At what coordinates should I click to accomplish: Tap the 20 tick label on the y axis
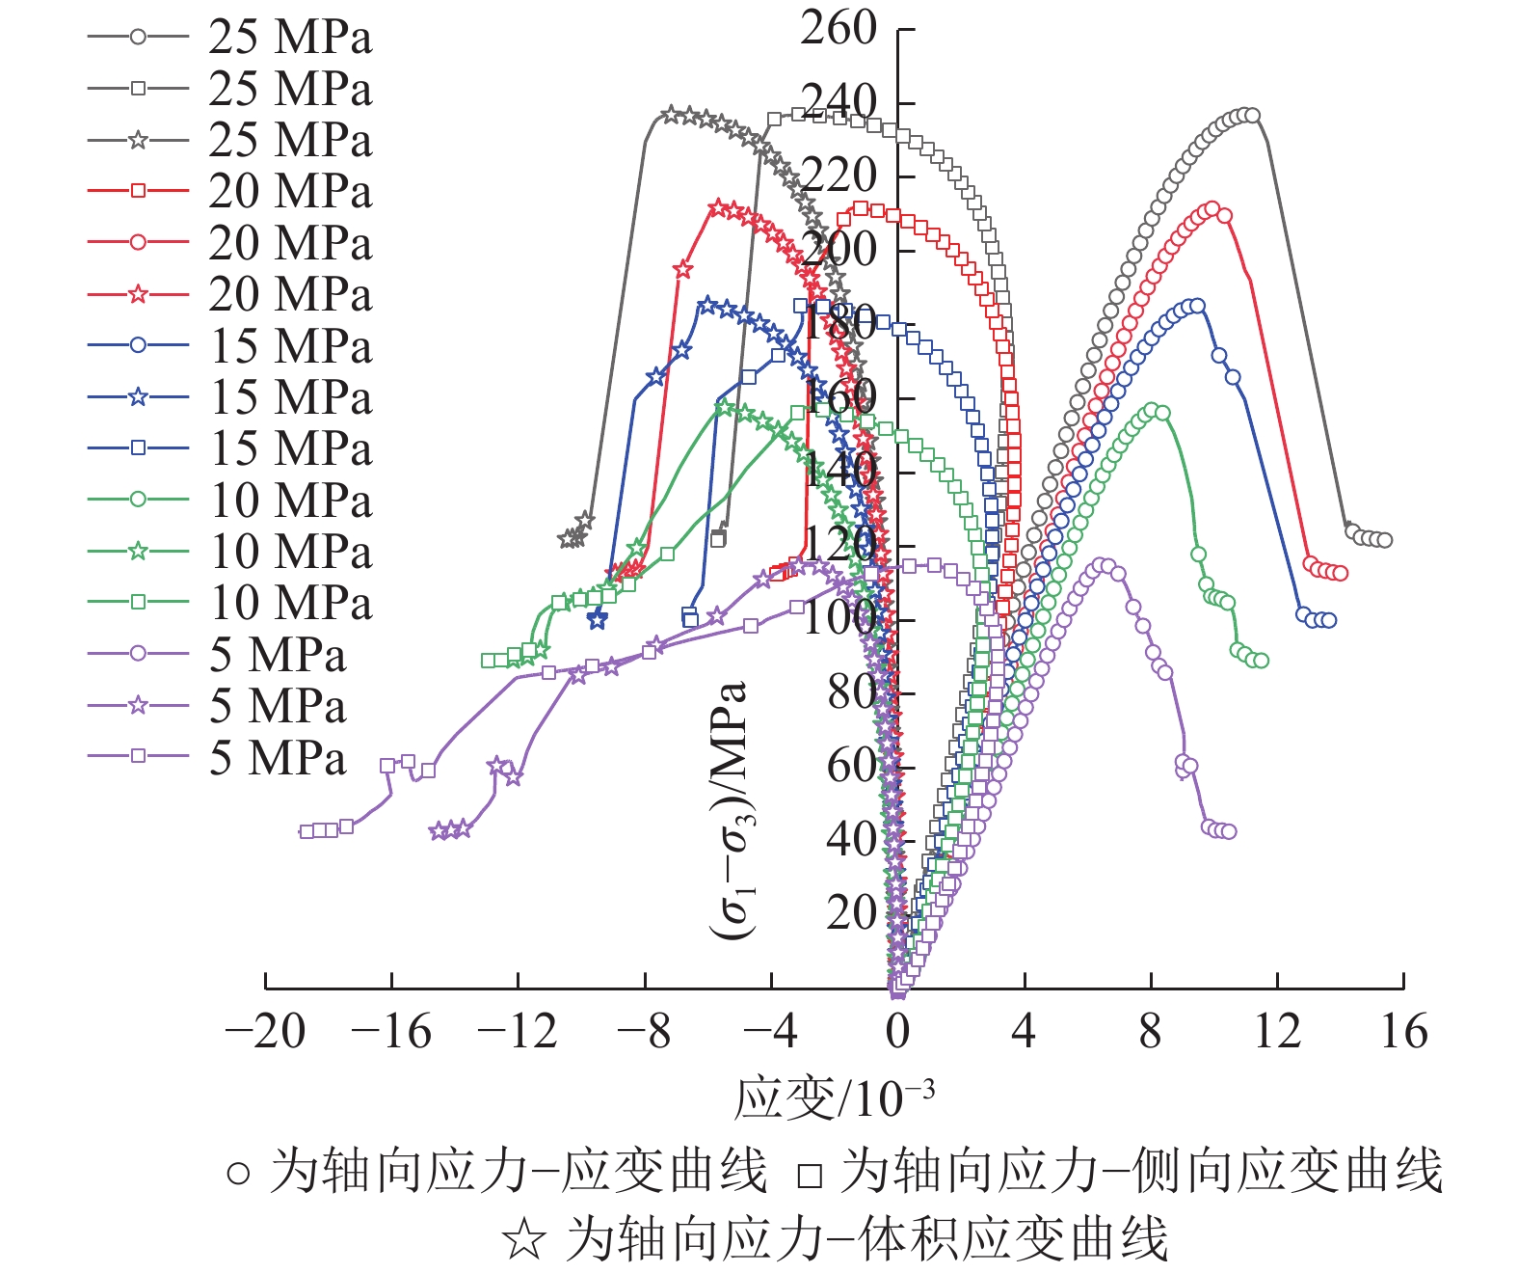coord(851,911)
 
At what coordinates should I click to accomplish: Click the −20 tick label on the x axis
coord(265,1032)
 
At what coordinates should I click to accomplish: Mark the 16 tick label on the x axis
coord(1403,1032)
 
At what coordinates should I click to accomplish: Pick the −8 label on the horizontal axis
coord(644,1032)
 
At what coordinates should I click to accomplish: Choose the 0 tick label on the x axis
coord(897,1032)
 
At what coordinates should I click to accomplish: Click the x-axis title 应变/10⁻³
coord(834,1097)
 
